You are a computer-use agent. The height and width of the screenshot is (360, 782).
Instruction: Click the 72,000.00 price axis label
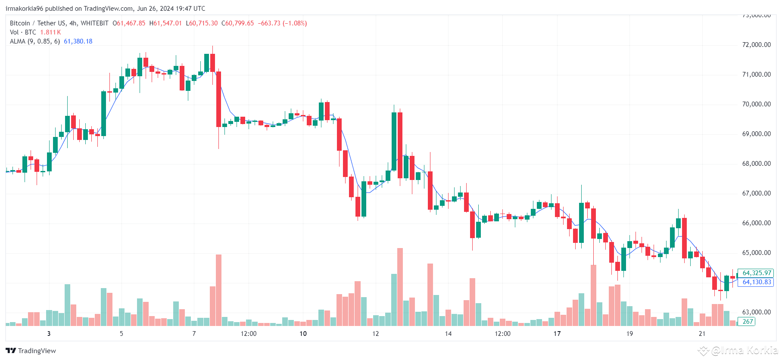tap(756, 45)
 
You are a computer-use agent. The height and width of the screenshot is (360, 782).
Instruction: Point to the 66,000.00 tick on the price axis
tap(756, 223)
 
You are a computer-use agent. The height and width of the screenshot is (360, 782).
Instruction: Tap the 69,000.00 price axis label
tap(756, 134)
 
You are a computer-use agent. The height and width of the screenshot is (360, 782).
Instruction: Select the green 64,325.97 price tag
tap(757, 273)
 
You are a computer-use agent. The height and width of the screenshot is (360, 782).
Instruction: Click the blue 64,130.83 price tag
tap(757, 282)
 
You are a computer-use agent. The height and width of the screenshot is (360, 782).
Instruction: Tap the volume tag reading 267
tap(748, 322)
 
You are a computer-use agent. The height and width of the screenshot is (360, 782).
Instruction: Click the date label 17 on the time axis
tap(557, 334)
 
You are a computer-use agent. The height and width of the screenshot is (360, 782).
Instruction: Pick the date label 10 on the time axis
tap(303, 334)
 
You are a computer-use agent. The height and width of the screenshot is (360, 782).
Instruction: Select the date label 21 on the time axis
tap(702, 334)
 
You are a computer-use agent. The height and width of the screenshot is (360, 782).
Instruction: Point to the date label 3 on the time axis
tap(49, 334)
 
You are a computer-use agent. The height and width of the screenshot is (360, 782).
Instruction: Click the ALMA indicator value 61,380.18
tap(78, 41)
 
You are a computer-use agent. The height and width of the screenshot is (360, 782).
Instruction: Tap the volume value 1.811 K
tap(50, 32)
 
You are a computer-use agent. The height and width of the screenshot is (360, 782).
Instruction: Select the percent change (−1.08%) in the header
tap(295, 23)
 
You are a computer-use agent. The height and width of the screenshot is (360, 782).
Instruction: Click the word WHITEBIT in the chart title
tap(94, 23)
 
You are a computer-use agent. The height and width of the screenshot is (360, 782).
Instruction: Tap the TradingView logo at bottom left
tap(31, 351)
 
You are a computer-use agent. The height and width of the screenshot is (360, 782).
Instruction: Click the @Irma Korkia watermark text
tap(744, 351)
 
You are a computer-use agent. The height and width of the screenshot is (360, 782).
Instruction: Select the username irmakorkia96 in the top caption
tap(24, 9)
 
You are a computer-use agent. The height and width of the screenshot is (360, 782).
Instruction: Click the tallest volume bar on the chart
tap(400, 287)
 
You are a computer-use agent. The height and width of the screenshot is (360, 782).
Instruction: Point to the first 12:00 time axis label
tap(249, 334)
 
